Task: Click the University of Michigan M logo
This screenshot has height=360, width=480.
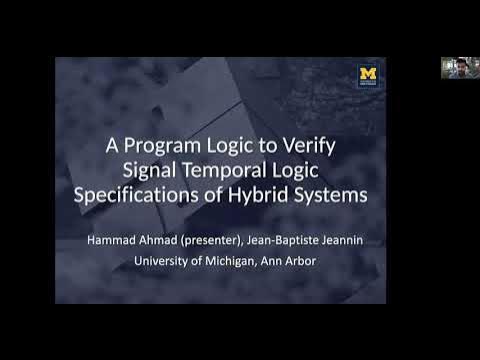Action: click(367, 75)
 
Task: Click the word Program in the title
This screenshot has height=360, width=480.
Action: click(167, 146)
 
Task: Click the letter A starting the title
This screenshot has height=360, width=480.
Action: click(114, 146)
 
